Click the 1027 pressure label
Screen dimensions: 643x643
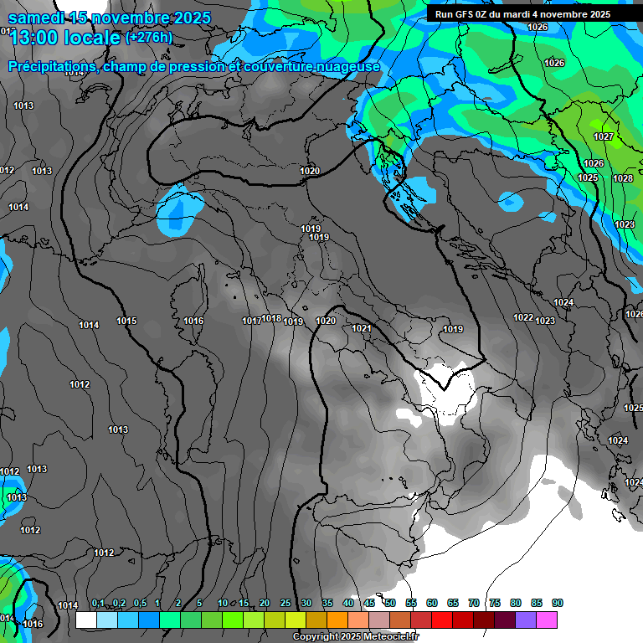pyautogui.click(x=604, y=136)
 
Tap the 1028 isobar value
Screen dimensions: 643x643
pyautogui.click(x=623, y=178)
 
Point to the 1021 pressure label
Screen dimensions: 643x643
pyautogui.click(x=361, y=328)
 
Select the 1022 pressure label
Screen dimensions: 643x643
pyautogui.click(x=523, y=317)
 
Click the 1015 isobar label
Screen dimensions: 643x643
pyautogui.click(x=126, y=321)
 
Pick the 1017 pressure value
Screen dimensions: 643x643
pyautogui.click(x=252, y=321)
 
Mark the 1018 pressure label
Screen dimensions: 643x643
pyautogui.click(x=271, y=318)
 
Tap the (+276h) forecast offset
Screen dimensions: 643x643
pyautogui.click(x=149, y=37)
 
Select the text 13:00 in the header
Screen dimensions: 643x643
pyautogui.click(x=32, y=37)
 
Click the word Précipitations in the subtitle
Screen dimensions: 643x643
pyautogui.click(x=52, y=66)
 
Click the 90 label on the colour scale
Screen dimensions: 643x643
pyautogui.click(x=558, y=603)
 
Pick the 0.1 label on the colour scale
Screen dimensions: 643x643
pyautogui.click(x=98, y=603)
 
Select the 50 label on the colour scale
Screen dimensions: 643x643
pyautogui.click(x=390, y=603)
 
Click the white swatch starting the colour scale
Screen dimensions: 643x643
pyautogui.click(x=85, y=620)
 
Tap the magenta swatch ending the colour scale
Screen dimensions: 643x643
pyautogui.click(x=547, y=620)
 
